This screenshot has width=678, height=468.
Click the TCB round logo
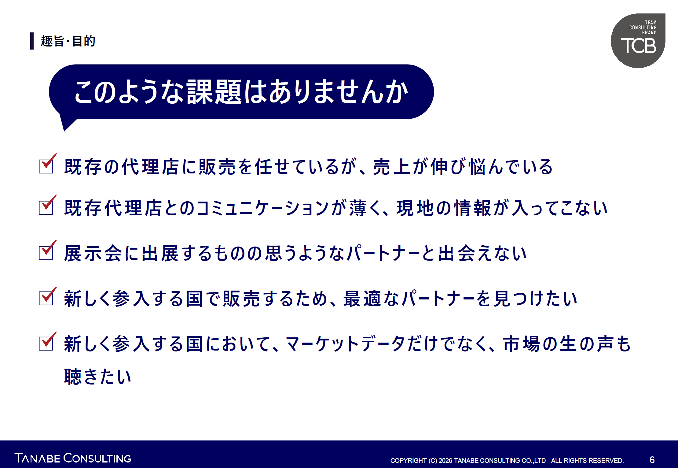(638, 41)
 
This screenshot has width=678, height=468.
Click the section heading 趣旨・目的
(68, 41)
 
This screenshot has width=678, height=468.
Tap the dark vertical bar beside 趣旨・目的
(32, 41)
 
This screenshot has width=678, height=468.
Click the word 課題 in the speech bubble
(214, 92)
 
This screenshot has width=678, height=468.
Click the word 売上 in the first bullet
(392, 167)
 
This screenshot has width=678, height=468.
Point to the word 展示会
(93, 253)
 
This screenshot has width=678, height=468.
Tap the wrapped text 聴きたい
(98, 376)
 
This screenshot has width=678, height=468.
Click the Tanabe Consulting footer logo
(73, 458)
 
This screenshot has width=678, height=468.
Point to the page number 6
(652, 460)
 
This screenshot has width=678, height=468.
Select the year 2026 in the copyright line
(445, 460)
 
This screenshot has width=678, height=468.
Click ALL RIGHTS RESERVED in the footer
(587, 460)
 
